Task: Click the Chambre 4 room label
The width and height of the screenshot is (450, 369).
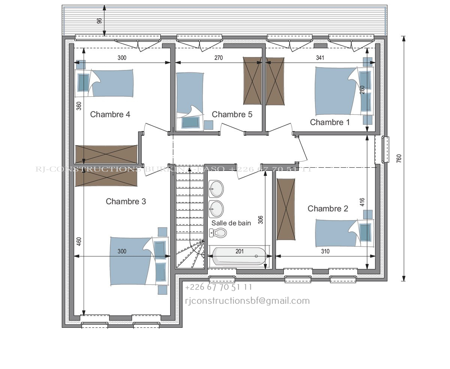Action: [110, 114]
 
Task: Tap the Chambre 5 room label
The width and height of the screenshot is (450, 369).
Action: [232, 114]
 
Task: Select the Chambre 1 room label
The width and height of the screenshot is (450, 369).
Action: [330, 122]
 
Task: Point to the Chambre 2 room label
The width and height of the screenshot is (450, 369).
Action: [328, 209]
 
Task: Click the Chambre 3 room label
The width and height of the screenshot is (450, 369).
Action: [126, 201]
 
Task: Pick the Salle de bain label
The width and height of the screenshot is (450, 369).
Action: [231, 223]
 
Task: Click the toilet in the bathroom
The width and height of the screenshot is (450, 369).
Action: [218, 233]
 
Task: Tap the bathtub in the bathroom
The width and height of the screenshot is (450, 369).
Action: [239, 256]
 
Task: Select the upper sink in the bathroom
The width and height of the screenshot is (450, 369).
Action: [216, 189]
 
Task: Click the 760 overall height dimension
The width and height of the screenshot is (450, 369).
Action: [399, 158]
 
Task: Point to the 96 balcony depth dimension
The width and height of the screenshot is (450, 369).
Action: [99, 20]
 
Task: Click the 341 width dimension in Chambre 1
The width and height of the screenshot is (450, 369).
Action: [320, 58]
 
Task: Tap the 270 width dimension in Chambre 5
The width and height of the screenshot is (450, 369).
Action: [218, 58]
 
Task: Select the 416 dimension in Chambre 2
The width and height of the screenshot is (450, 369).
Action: [362, 202]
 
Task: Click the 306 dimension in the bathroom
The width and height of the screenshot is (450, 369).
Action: [261, 219]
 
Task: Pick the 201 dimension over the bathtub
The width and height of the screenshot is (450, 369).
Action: [240, 251]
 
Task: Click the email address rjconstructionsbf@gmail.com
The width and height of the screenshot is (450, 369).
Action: [247, 301]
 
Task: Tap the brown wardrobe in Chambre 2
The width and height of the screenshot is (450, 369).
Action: [286, 209]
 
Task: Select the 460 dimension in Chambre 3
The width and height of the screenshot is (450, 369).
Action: [79, 241]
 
